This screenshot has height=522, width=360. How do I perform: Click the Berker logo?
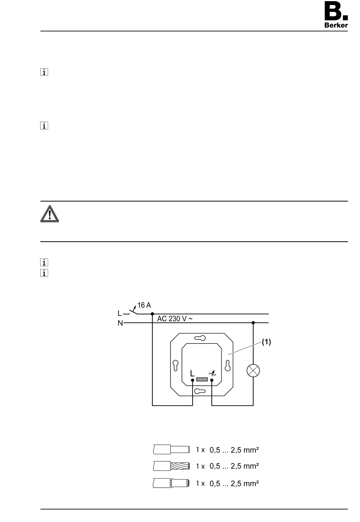(x=336, y=14)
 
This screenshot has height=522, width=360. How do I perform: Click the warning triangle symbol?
(x=49, y=214)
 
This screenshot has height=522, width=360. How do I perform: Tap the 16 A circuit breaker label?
(x=144, y=305)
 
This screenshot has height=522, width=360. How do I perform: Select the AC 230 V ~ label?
(x=175, y=319)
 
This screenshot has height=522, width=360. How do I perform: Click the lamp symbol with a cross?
(x=253, y=371)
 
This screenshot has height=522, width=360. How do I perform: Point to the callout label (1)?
(x=266, y=342)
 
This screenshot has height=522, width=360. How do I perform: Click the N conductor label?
(x=120, y=323)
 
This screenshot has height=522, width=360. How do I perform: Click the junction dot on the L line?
(x=152, y=314)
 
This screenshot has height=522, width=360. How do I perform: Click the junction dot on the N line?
(x=253, y=323)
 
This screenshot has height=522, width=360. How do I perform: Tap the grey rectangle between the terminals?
(x=202, y=380)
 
